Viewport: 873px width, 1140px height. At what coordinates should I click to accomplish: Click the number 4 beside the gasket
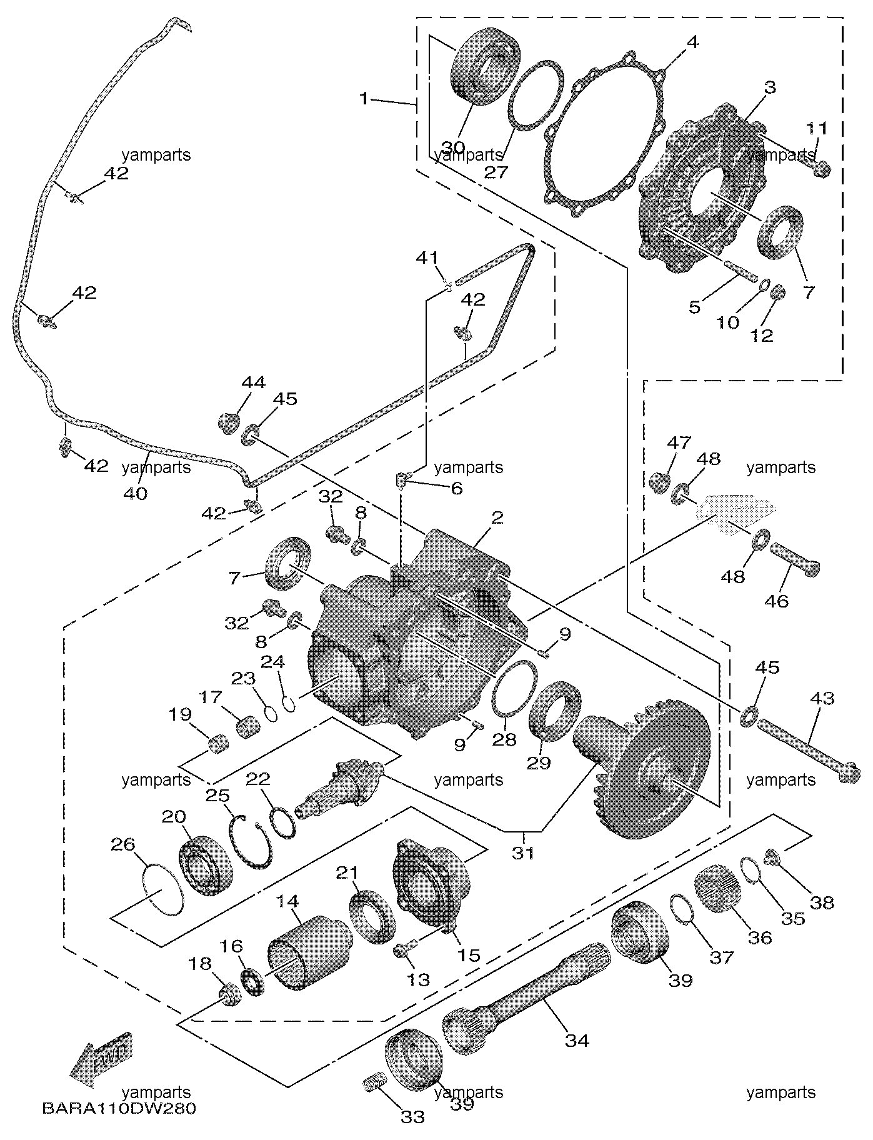coord(692,42)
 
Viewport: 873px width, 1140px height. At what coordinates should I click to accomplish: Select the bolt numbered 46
coord(794,559)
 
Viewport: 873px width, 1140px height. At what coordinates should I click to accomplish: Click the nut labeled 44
coord(229,422)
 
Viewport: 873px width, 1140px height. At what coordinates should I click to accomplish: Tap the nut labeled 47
coord(660,482)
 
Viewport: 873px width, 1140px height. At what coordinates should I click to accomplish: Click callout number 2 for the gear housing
coord(497,517)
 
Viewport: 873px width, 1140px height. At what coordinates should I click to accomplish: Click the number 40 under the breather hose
coord(136,493)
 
